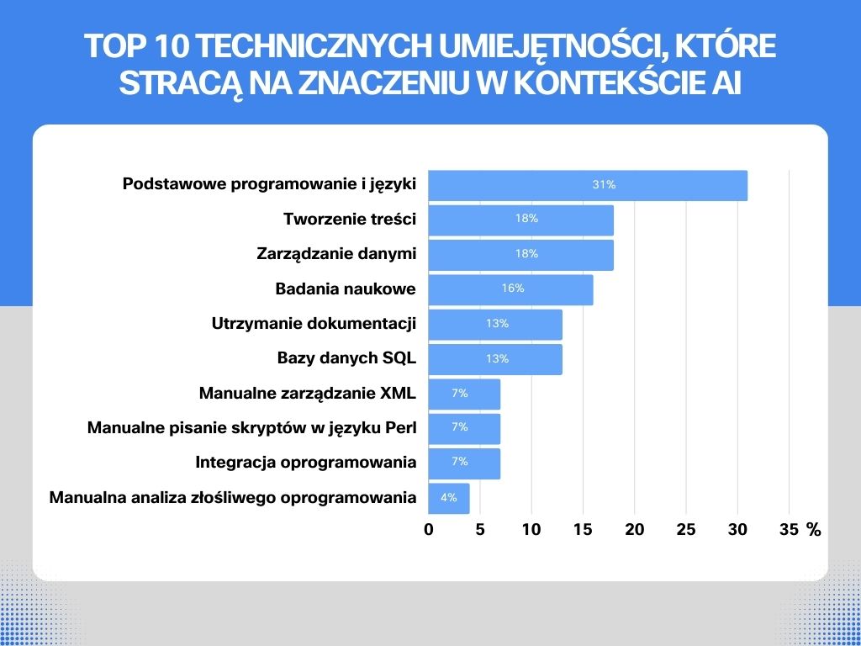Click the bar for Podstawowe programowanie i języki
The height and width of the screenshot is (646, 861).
(588, 185)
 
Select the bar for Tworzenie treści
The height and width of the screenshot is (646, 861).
(520, 220)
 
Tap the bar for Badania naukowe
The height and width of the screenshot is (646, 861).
(510, 289)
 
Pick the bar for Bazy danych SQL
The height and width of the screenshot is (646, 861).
(495, 359)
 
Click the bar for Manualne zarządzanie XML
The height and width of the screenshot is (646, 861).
(464, 394)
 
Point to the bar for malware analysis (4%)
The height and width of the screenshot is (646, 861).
(449, 498)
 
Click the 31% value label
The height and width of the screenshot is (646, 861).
(604, 185)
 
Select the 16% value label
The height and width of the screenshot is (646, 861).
(513, 289)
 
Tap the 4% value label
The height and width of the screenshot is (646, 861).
(448, 498)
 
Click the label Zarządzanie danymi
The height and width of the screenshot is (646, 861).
(335, 254)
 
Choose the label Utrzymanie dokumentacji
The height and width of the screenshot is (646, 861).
(314, 324)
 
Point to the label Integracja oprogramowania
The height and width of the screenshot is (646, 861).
(305, 463)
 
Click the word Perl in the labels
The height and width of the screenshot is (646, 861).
(399, 428)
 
